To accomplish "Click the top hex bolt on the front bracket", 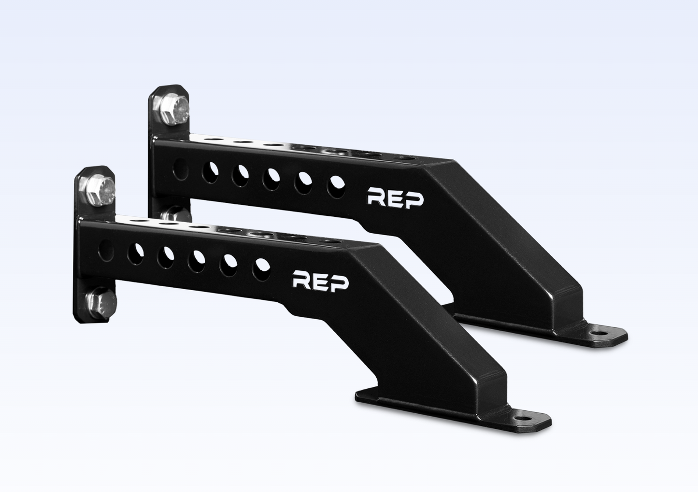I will coord(100,190).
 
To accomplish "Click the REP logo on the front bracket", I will coord(321,281).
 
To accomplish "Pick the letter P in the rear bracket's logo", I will coord(415,199).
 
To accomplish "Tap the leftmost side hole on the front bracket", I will coord(105,250).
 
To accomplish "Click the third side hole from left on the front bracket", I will coord(166,255).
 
